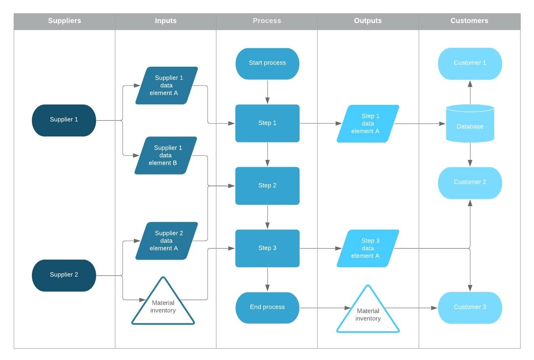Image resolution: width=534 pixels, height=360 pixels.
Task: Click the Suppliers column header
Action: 64,21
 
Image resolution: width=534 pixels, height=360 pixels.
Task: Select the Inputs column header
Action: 166,21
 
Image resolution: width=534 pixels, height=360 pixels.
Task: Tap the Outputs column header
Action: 367,21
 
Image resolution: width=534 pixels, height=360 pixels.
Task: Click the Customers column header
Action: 469,21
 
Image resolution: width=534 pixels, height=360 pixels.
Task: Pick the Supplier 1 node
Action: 64,120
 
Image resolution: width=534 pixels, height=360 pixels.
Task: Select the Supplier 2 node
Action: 64,275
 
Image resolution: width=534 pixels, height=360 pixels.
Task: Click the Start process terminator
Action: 267,63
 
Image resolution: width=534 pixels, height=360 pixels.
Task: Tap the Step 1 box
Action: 267,123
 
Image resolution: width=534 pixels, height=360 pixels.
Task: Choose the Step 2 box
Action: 267,186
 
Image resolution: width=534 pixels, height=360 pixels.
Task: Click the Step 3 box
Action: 267,248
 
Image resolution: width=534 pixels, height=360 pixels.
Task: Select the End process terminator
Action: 267,308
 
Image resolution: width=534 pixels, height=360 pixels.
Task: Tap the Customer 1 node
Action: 470,63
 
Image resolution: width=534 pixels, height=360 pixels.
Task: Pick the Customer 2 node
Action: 470,183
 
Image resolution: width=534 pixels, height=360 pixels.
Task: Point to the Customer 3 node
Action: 470,308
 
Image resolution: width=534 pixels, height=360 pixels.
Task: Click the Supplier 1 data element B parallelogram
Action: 166,156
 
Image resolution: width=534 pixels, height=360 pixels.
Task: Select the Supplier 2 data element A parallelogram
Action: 167,241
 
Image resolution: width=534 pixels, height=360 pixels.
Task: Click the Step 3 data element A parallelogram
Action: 368,248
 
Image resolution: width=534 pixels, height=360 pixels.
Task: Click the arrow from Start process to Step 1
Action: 267,92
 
